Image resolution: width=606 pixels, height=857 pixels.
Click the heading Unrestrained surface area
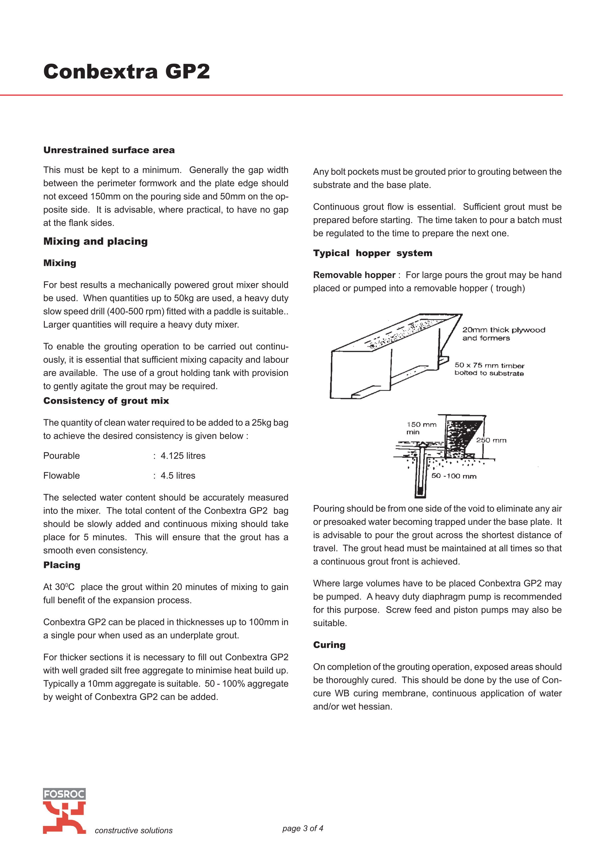pyautogui.click(x=109, y=150)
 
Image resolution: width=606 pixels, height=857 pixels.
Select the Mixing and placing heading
pyautogui.click(x=96, y=241)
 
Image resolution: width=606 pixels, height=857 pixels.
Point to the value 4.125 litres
pyautogui.click(x=183, y=456)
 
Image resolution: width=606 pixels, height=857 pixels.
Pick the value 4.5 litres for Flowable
pyautogui.click(x=178, y=475)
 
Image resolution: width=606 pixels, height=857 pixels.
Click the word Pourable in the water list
pyautogui.click(x=62, y=456)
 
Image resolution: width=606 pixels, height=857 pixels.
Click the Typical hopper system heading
pyautogui.click(x=373, y=253)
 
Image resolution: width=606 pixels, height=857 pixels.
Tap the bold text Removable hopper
pyautogui.click(x=354, y=275)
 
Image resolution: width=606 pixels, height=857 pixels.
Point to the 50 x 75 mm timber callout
pyautogui.click(x=489, y=369)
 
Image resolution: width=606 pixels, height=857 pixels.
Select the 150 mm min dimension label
pyautogui.click(x=421, y=428)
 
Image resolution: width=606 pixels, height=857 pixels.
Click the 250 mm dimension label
pyautogui.click(x=491, y=440)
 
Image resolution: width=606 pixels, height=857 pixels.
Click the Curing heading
pyautogui.click(x=329, y=645)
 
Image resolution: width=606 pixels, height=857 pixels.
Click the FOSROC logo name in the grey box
pyautogui.click(x=64, y=794)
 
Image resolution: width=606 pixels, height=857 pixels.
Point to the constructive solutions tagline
pyautogui.click(x=134, y=831)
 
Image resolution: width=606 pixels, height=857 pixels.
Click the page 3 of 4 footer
pyautogui.click(x=303, y=828)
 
